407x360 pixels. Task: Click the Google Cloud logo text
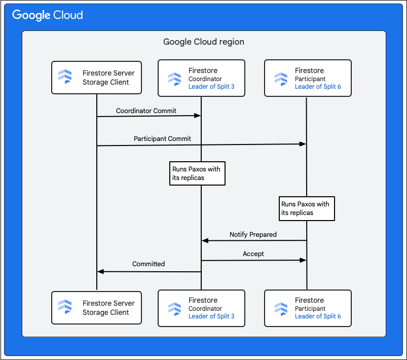click(48, 15)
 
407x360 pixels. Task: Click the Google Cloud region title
click(203, 42)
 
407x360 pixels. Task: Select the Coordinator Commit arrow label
click(146, 111)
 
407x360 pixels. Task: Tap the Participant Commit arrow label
click(162, 138)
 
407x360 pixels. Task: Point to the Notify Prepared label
click(253, 235)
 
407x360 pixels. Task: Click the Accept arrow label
click(253, 254)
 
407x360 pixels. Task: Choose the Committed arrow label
click(149, 264)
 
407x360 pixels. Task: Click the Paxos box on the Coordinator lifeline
click(197, 173)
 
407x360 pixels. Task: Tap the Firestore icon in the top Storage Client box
click(65, 78)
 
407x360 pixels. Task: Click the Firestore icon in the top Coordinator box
click(174, 79)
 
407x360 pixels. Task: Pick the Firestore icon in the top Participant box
click(281, 79)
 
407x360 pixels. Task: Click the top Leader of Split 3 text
click(211, 87)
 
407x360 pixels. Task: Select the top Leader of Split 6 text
click(318, 87)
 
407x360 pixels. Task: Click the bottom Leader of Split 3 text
click(211, 316)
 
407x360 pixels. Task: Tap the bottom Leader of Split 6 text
click(318, 316)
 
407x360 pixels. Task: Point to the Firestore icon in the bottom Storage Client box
click(65, 307)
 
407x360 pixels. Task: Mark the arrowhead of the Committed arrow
click(100, 272)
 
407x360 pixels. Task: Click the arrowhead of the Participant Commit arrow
click(303, 144)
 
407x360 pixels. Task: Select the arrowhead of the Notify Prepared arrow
click(205, 241)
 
